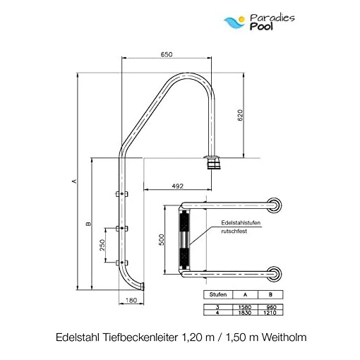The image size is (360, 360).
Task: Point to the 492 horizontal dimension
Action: coord(177,186)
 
